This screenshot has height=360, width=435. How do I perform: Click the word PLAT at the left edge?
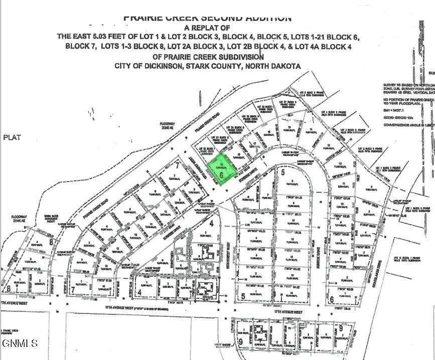[12, 137]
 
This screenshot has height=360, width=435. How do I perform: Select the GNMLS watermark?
[20, 343]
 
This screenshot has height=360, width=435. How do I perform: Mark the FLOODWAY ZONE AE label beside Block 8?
[19, 219]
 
